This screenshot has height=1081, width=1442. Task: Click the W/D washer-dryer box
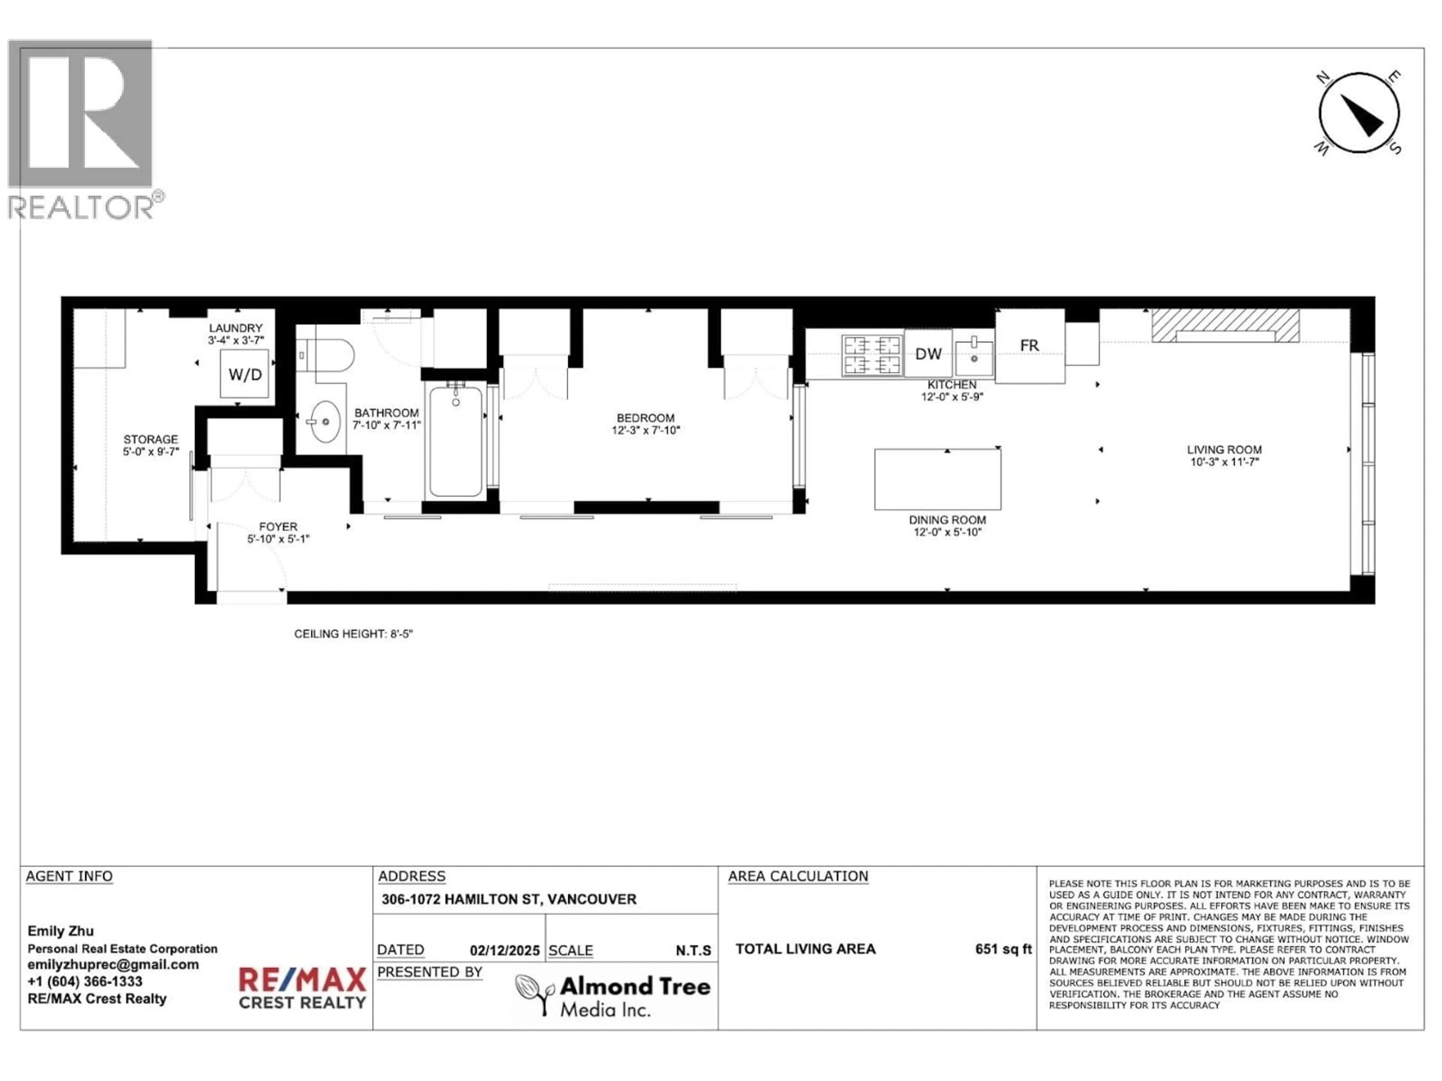click(244, 374)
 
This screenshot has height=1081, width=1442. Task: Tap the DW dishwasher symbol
click(928, 354)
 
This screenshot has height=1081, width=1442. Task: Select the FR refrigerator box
click(1029, 346)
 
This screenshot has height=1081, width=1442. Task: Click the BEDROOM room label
click(646, 418)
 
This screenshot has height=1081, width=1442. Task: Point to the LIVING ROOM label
click(1223, 450)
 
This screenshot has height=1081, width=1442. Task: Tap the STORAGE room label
click(151, 439)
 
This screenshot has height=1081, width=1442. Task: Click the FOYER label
click(278, 527)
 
